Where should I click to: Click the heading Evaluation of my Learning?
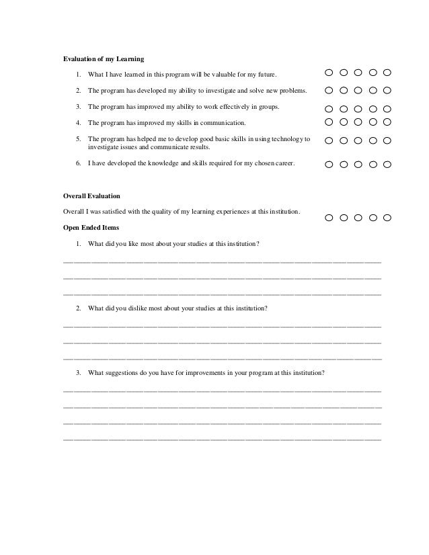pyautogui.click(x=104, y=59)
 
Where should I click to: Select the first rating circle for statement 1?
pyautogui.click(x=329, y=73)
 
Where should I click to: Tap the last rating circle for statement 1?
pyautogui.click(x=387, y=73)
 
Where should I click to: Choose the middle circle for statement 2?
pyautogui.click(x=358, y=90)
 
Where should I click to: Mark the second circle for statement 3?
pyautogui.click(x=344, y=108)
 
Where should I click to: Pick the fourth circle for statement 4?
pyautogui.click(x=373, y=122)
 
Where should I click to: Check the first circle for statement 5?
pyautogui.click(x=329, y=140)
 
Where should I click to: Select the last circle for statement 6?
pyautogui.click(x=387, y=164)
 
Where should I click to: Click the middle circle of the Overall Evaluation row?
pyautogui.click(x=358, y=218)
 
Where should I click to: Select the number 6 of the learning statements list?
pyautogui.click(x=78, y=163)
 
